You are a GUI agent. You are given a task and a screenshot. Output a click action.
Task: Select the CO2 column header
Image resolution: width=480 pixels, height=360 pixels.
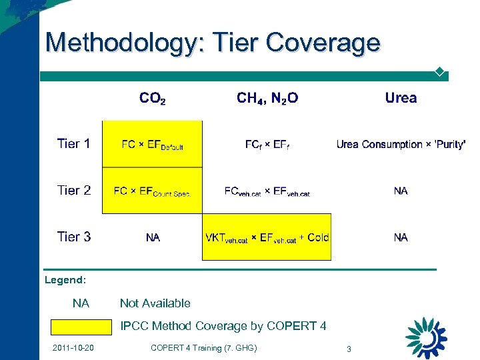[x=152, y=99]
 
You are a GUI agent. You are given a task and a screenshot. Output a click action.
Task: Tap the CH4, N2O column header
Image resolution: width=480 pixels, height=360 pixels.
[x=267, y=99]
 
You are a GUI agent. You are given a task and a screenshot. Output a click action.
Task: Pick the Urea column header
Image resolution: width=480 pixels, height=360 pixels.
[x=401, y=98]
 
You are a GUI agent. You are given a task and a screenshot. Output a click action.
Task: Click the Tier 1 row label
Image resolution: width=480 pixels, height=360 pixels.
[x=73, y=143]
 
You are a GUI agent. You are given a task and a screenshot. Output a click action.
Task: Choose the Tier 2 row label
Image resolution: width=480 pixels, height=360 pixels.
[x=73, y=190]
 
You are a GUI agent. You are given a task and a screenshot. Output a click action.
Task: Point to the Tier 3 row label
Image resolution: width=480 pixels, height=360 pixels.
[x=73, y=237]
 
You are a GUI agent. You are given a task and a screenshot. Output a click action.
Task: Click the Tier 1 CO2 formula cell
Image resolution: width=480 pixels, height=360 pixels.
[x=152, y=145]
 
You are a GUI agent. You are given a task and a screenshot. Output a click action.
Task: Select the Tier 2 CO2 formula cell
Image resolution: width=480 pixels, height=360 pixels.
[x=152, y=191]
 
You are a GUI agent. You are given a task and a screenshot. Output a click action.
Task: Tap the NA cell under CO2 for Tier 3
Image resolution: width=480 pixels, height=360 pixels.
[x=153, y=237]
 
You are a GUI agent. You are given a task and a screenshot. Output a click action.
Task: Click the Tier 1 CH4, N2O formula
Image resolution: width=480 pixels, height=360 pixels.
[x=267, y=145]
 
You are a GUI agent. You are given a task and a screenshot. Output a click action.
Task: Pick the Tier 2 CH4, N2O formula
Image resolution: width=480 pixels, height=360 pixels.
[x=267, y=191]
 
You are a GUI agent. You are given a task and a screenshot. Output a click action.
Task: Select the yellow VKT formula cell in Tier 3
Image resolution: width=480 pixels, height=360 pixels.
[x=267, y=237]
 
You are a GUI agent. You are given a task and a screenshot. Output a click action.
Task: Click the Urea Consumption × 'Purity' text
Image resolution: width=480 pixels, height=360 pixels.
[x=401, y=144]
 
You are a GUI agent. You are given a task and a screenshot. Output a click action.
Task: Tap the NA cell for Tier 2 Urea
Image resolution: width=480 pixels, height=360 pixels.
[x=401, y=191]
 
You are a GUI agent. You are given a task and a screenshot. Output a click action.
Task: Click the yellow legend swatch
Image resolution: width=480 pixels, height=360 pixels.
[x=82, y=327]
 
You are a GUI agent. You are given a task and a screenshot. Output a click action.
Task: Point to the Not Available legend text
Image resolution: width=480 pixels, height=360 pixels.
[x=155, y=303]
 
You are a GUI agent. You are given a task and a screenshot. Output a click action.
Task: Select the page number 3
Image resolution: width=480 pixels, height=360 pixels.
[x=348, y=349]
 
